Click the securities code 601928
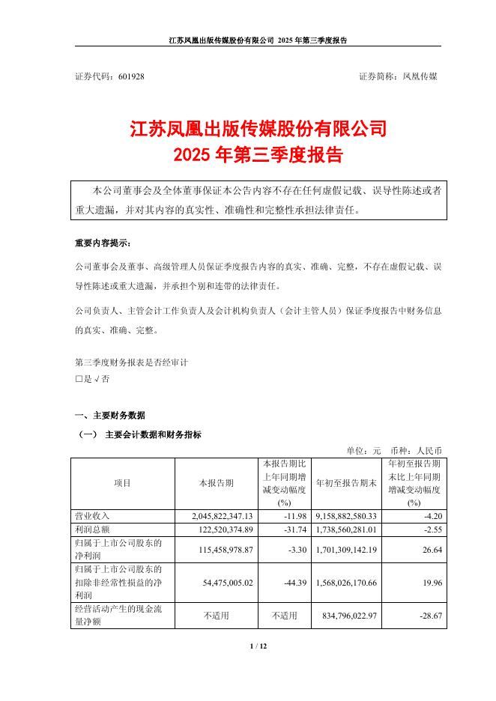pos(132,77)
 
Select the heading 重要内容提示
pos(102,243)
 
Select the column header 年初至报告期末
pos(345,483)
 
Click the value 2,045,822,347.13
pos(218,516)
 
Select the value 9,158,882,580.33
pos(346,516)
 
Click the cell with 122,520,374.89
pos(218,529)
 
